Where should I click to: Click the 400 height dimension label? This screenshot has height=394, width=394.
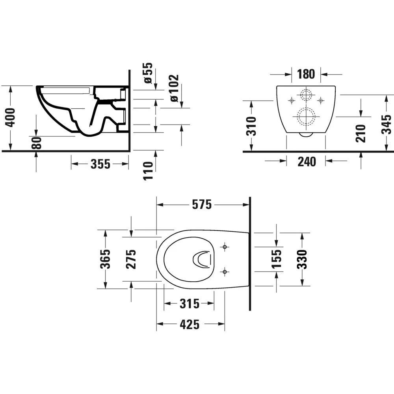[x=12, y=117]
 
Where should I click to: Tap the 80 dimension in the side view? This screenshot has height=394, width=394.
[x=36, y=143]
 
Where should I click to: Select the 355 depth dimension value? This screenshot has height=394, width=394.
[x=100, y=164]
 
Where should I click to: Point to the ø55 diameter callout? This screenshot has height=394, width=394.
[x=148, y=73]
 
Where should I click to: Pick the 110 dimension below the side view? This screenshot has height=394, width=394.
[x=148, y=170]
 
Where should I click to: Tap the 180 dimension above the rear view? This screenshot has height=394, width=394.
[x=306, y=74]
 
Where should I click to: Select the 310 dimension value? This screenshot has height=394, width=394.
[x=251, y=126]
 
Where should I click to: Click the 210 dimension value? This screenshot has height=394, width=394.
[x=361, y=133]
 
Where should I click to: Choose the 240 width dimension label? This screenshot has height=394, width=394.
[x=306, y=161]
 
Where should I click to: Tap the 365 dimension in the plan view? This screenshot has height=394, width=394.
[x=105, y=259]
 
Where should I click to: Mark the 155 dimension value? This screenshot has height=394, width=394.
[x=277, y=259]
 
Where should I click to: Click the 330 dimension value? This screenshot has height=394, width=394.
[x=302, y=259]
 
